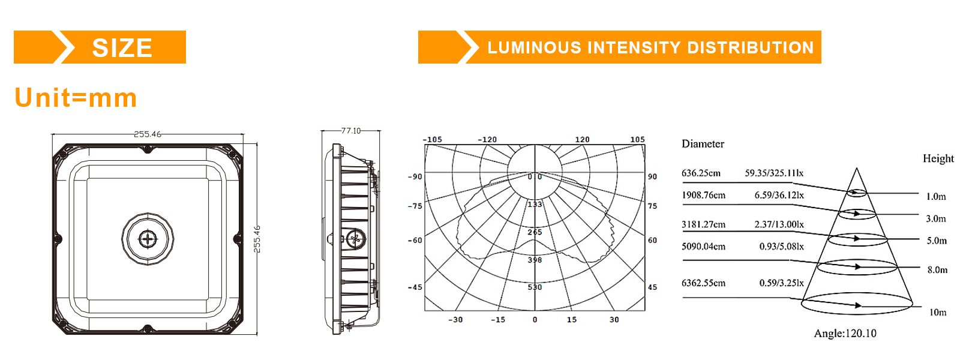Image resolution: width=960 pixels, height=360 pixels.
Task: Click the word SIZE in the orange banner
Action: pyautogui.click(x=122, y=48)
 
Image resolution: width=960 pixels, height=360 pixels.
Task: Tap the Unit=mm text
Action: pyautogui.click(x=76, y=98)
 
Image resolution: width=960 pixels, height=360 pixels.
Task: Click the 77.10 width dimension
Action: pyautogui.click(x=351, y=131)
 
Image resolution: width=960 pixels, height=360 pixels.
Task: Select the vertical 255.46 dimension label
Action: pyautogui.click(x=257, y=239)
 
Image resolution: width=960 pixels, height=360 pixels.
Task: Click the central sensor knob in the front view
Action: pyautogui.click(x=148, y=239)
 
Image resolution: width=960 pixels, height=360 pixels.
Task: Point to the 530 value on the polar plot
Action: pyautogui.click(x=535, y=287)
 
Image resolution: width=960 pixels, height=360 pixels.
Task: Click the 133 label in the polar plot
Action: pyautogui.click(x=535, y=205)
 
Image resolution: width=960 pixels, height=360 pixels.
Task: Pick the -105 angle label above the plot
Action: pyautogui.click(x=432, y=140)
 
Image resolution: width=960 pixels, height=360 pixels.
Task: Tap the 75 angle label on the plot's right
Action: pyautogui.click(x=652, y=206)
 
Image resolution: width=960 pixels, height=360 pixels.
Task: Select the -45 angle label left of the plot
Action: pyautogui.click(x=415, y=287)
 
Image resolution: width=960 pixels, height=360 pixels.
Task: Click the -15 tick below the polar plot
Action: pyautogui.click(x=498, y=320)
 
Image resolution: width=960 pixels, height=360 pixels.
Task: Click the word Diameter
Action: pyautogui.click(x=703, y=144)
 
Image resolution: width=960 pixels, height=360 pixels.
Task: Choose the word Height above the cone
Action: pyautogui.click(x=938, y=158)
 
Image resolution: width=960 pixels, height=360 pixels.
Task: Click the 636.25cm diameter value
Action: pyautogui.click(x=701, y=173)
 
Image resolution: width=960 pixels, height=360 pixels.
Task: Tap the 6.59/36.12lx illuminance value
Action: pyautogui.click(x=779, y=195)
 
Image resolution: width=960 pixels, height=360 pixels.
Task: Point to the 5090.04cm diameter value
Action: pyautogui.click(x=703, y=247)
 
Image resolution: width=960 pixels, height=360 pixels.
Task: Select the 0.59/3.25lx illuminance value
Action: pyautogui.click(x=781, y=283)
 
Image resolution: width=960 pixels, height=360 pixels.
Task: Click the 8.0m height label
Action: pyautogui.click(x=937, y=270)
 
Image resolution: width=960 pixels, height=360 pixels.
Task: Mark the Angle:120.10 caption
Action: pyautogui.click(x=845, y=334)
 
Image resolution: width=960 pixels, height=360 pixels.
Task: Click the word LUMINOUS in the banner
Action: pyautogui.click(x=534, y=48)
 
